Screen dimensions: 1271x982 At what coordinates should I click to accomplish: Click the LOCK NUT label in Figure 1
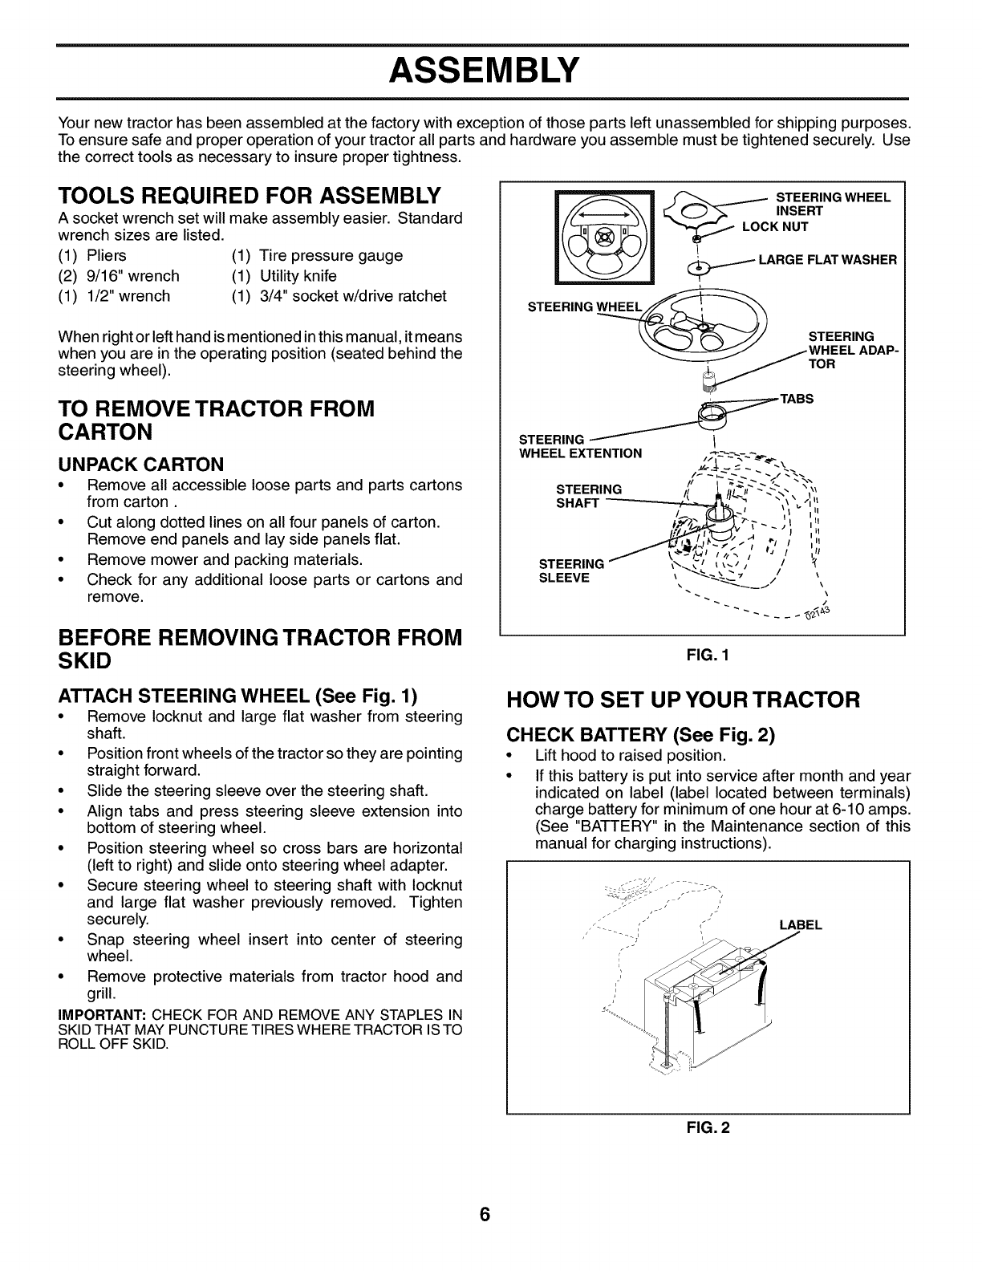point(775,226)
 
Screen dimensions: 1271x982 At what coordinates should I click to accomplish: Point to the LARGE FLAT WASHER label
point(826,259)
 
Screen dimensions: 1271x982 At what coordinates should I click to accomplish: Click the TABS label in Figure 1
point(797,399)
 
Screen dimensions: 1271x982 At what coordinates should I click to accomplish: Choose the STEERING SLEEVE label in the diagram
point(571,571)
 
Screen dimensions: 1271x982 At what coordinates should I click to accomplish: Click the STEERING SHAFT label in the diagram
point(588,496)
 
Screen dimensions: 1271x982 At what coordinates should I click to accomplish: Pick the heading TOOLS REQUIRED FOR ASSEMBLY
point(250,195)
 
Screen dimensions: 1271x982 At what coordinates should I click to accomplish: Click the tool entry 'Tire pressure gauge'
point(331,256)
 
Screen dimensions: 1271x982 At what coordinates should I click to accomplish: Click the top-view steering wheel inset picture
point(605,240)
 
